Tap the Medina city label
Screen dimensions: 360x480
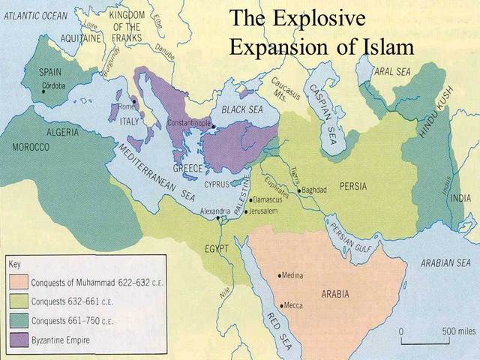point(293,275)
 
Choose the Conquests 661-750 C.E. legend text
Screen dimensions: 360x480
point(73,321)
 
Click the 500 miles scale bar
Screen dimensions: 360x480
point(425,338)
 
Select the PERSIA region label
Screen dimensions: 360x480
point(352,186)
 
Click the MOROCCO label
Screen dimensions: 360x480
point(31,147)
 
